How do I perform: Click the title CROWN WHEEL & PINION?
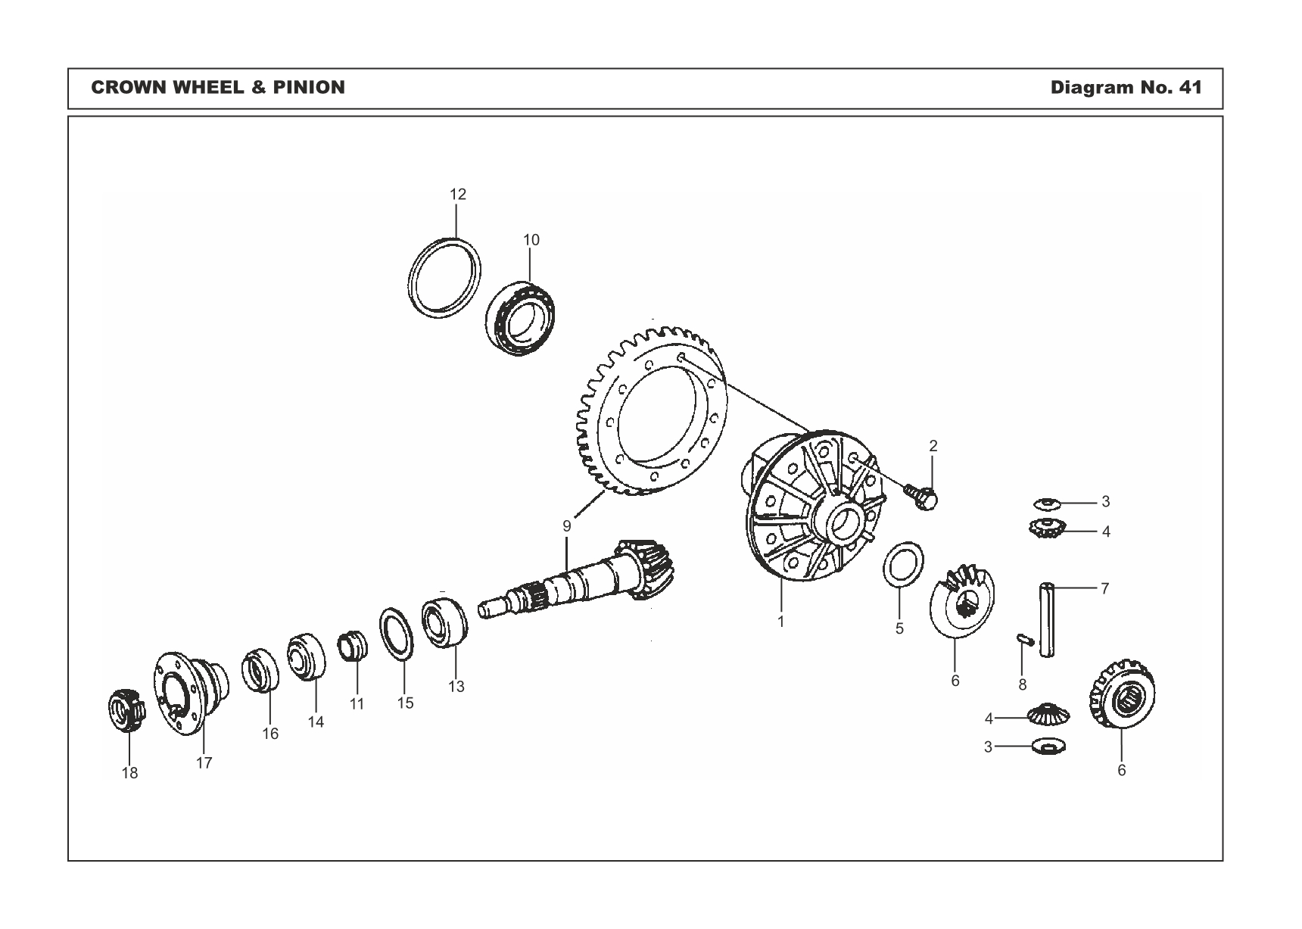217,88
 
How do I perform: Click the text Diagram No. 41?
1125,88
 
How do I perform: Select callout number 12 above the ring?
457,194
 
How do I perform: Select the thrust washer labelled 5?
903,564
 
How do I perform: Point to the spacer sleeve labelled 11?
351,645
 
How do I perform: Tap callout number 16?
270,734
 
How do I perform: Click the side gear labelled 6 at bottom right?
1123,697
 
